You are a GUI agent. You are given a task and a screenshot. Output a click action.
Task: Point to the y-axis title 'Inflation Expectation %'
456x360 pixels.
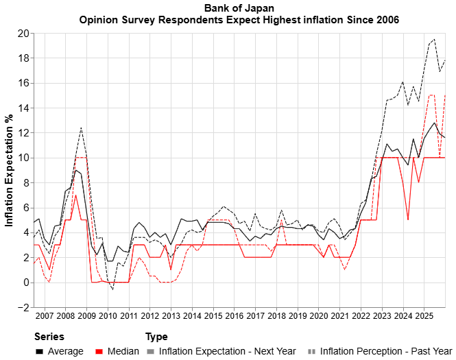(x=10, y=170)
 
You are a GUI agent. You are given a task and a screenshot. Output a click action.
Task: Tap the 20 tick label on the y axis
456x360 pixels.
(x=23, y=33)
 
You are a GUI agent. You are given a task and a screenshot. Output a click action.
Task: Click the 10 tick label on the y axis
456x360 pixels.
(x=23, y=158)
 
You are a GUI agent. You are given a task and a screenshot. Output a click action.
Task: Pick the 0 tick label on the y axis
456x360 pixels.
(x=25, y=283)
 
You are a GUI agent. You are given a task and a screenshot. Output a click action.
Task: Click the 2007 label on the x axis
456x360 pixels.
(x=45, y=316)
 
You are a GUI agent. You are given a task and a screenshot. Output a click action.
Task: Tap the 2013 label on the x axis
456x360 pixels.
(x=171, y=316)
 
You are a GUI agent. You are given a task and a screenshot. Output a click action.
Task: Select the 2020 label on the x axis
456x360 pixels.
(x=318, y=316)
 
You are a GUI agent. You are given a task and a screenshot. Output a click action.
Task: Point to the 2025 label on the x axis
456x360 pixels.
(x=424, y=316)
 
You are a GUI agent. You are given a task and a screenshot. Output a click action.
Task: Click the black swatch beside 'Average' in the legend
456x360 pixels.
(x=40, y=351)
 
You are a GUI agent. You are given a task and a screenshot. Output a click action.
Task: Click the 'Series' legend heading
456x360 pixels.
(x=49, y=337)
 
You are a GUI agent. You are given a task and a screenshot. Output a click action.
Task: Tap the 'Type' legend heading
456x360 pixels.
(x=156, y=337)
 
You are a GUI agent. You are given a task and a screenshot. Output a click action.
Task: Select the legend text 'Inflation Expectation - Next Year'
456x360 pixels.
(x=228, y=351)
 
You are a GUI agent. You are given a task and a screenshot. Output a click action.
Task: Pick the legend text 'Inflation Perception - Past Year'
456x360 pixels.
(x=386, y=351)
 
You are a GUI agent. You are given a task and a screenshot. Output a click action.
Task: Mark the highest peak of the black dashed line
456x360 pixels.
(x=434, y=39)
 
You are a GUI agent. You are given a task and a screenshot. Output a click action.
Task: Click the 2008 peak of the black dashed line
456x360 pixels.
(x=81, y=128)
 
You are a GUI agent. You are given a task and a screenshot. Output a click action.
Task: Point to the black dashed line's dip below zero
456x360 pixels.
(x=112, y=289)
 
